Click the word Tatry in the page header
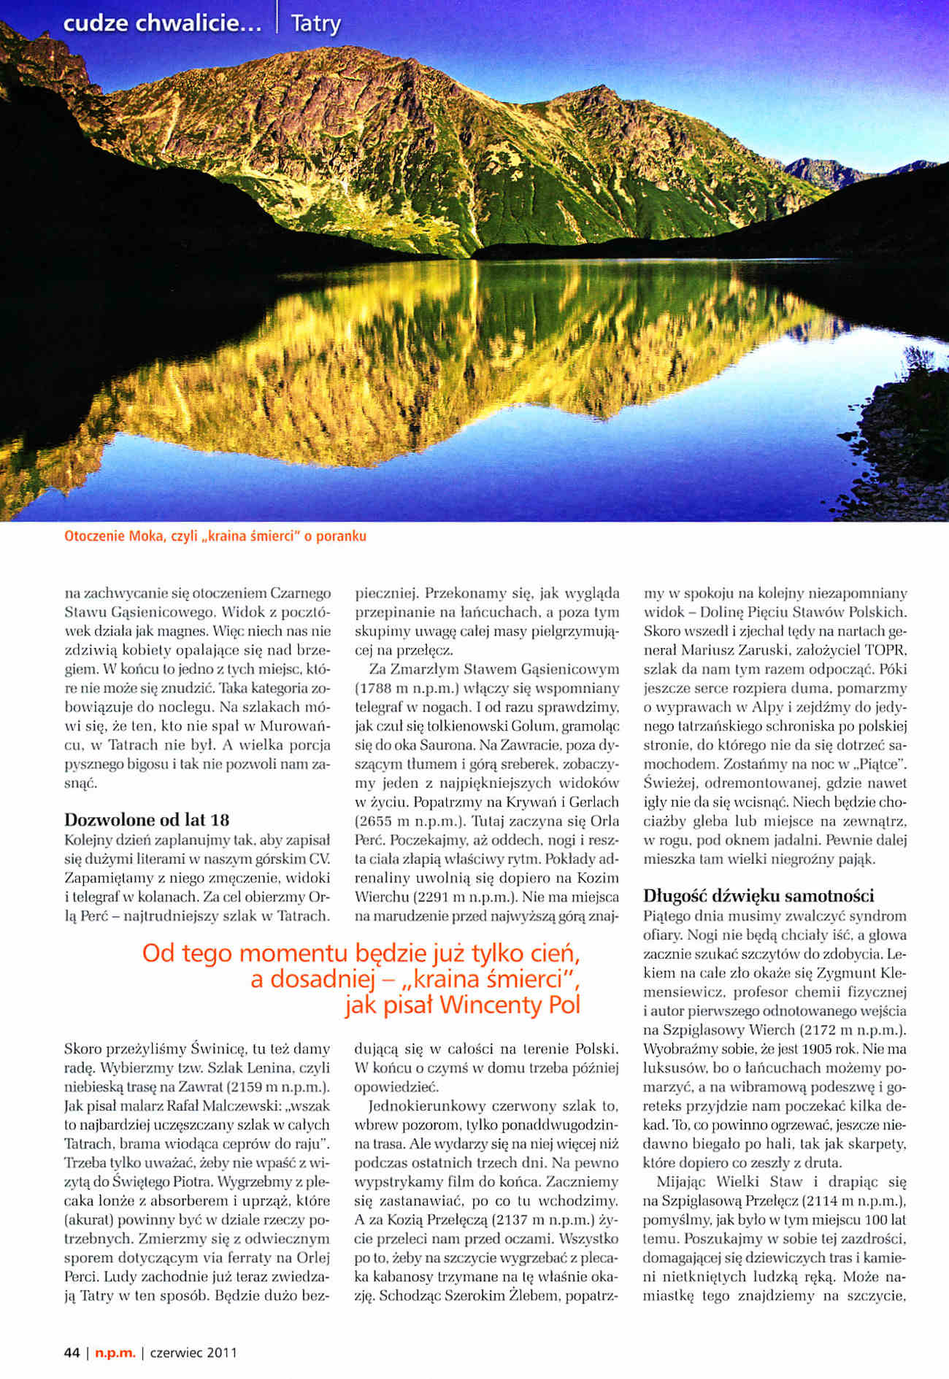315,24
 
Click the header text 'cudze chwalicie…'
162,24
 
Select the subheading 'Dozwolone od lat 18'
147,819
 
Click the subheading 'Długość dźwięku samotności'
758,895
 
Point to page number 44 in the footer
72,1353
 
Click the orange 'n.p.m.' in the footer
116,1353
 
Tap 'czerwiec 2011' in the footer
193,1353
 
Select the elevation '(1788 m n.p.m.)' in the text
415,688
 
